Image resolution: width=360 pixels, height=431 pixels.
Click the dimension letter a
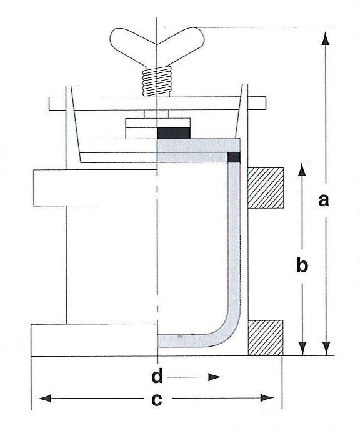tap(323, 200)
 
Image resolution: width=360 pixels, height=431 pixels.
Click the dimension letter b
tap(302, 264)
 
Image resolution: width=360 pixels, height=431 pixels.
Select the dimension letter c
tap(157, 399)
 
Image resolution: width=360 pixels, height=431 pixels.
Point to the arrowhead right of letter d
tap(215, 377)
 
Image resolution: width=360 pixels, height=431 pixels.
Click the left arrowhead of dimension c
tap(44, 398)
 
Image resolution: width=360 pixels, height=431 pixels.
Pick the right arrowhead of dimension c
tap(267, 398)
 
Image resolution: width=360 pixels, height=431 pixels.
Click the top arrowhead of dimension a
tap(326, 38)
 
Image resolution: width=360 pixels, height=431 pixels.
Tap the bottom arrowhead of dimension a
tap(326, 349)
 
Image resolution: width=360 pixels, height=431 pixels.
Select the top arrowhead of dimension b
tap(302, 169)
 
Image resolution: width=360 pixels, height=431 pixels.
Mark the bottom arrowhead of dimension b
tap(302, 349)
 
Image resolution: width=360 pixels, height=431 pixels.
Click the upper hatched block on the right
tap(266, 188)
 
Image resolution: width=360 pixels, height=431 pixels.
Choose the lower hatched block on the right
tap(266, 338)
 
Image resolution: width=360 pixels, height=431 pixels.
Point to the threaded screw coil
tap(157, 81)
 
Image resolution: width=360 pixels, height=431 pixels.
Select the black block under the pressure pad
tap(174, 133)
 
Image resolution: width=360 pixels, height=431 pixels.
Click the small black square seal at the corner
tap(234, 157)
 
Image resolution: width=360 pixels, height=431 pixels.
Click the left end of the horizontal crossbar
tap(49, 104)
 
